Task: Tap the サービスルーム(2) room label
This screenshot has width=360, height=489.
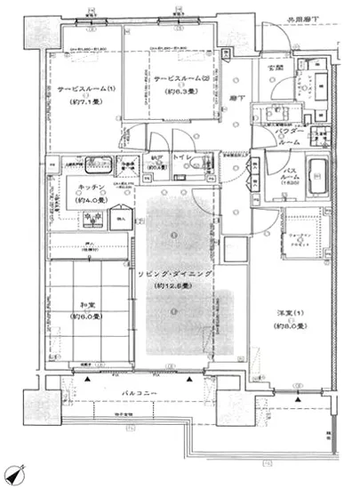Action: tap(180, 78)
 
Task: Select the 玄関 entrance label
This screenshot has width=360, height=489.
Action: tap(264, 68)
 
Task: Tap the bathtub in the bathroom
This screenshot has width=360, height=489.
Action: tap(316, 179)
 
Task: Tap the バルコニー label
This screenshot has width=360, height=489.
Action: tap(140, 392)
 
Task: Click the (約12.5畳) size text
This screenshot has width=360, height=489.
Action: tap(177, 288)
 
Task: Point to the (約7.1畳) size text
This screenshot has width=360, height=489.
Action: tap(83, 103)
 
